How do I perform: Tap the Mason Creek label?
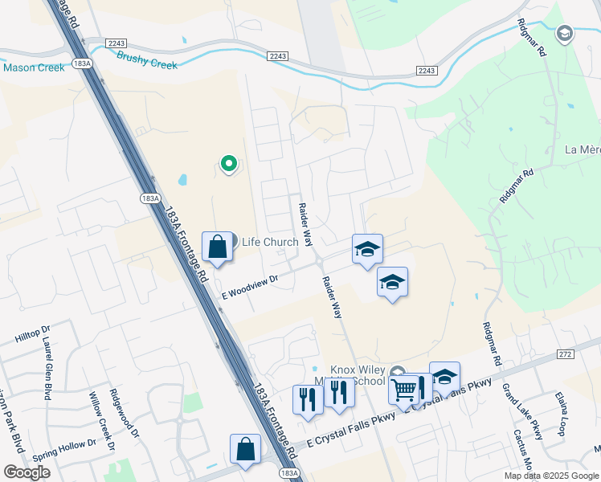click(34, 67)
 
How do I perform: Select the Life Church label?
click(270, 242)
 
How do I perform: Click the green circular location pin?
click(229, 165)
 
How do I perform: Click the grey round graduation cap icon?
click(564, 33)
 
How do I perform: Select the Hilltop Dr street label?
click(32, 334)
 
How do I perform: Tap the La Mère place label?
click(583, 149)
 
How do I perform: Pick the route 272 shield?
click(566, 353)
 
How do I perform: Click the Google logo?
click(27, 472)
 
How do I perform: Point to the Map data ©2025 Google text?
click(551, 476)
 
